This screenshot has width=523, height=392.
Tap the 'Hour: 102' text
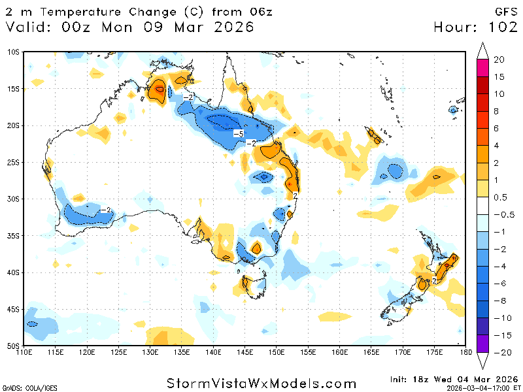[475, 27]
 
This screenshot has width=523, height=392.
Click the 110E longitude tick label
[24, 353]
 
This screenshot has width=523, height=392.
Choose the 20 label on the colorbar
[499, 59]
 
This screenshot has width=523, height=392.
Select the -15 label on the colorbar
[500, 335]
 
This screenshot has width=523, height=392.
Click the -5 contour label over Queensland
[239, 134]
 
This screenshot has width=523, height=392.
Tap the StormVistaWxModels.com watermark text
[261, 383]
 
